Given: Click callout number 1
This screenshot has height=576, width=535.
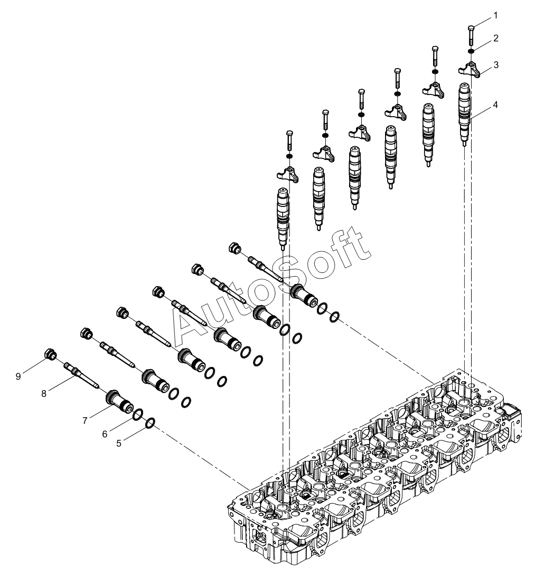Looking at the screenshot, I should [x=495, y=16].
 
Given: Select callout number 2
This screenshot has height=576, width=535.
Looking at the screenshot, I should [x=495, y=38].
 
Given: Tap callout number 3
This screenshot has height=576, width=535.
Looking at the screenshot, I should [x=495, y=64].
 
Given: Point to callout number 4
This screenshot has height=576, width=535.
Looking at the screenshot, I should [x=495, y=104].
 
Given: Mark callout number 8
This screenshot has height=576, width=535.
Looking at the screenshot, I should [x=44, y=392].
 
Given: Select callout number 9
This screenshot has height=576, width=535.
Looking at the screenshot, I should [x=18, y=375].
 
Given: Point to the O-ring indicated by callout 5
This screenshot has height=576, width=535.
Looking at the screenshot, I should [x=149, y=422].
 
